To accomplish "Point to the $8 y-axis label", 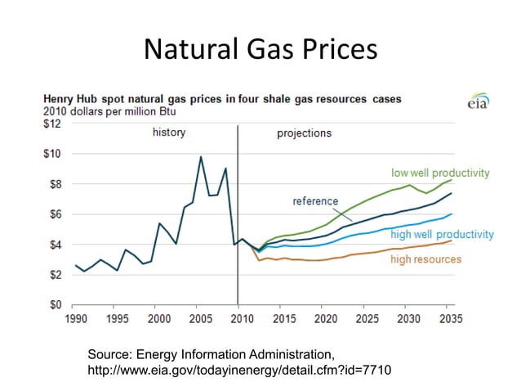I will pos(54,184).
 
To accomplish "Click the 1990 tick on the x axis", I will pos(75,318).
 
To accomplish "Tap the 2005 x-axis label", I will pos(200,318).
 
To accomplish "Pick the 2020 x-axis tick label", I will pos(326,318).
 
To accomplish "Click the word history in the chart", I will pos(169,133).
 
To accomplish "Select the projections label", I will pos(304,133).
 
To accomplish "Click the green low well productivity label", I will pos(440,173).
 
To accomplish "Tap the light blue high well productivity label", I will pos(442,236).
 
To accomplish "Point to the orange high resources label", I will pos(425,259).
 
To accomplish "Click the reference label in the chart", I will pos(315,201).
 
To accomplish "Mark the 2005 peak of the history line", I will pos(201,157).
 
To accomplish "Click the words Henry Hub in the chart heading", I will pos(70,99).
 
